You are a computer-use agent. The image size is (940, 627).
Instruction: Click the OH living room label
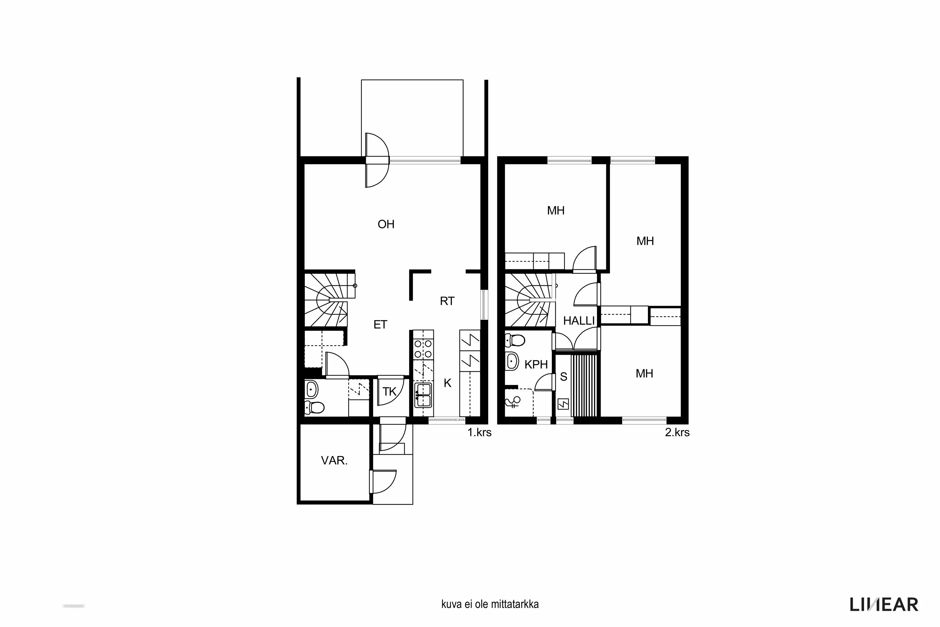tap(386, 224)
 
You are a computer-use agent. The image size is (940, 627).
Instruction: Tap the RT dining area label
tap(447, 301)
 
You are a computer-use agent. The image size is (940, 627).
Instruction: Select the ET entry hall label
tap(380, 325)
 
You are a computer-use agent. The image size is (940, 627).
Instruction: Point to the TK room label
tap(389, 392)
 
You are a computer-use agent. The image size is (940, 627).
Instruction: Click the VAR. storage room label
tap(334, 460)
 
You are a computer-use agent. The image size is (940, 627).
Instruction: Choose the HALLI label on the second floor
tap(579, 321)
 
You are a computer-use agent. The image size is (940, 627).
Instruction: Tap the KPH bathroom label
tap(536, 364)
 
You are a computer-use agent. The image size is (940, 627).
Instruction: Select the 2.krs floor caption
tap(677, 432)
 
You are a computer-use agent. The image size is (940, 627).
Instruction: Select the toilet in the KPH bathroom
tap(515, 340)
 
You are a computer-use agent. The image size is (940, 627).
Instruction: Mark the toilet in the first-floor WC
tap(315, 408)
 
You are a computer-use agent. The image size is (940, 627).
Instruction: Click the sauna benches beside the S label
tap(585, 386)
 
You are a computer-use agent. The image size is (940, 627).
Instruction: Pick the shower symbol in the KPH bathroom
tap(513, 401)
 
